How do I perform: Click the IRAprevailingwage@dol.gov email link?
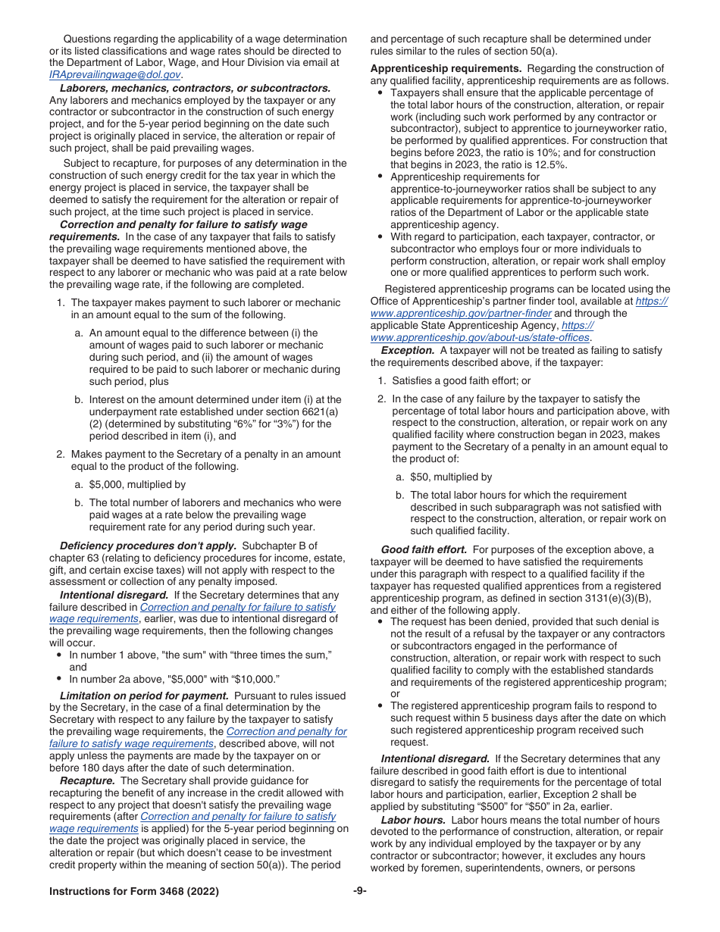[114, 75]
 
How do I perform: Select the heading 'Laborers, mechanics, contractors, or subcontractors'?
[195, 88]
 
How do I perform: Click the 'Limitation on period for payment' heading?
[144, 696]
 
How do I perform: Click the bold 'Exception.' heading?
[408, 351]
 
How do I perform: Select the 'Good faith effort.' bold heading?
[424, 549]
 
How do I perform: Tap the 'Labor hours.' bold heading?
[413, 821]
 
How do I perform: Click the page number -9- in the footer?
[360, 892]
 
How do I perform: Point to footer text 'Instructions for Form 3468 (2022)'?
[134, 892]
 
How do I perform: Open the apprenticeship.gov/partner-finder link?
[462, 314]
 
